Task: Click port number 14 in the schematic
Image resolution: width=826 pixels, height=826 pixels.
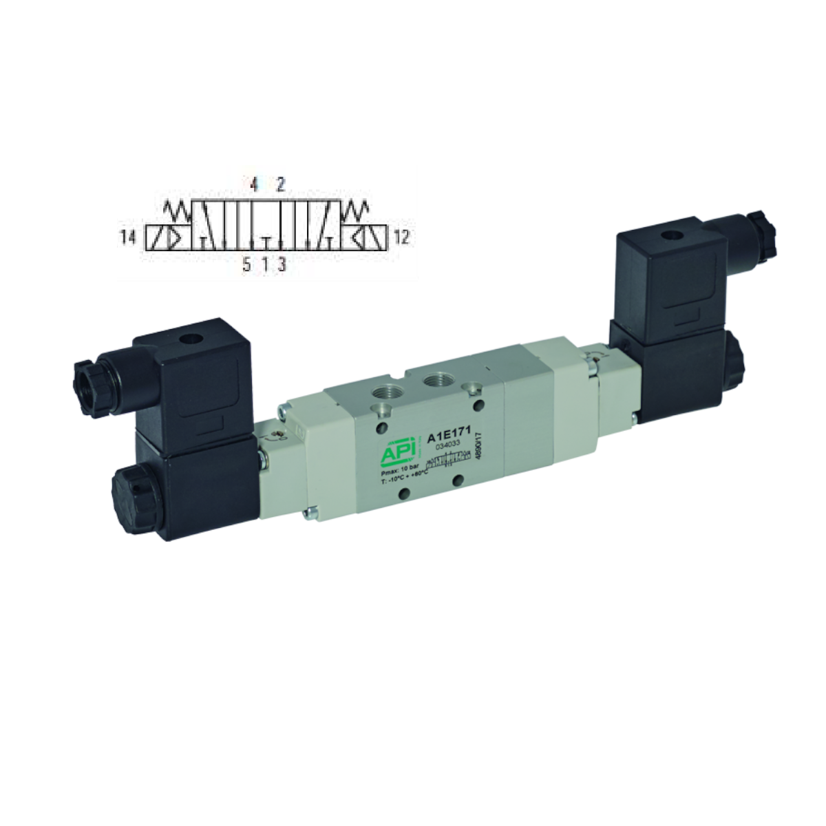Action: tap(127, 238)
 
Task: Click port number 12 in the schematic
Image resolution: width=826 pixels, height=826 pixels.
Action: tap(401, 238)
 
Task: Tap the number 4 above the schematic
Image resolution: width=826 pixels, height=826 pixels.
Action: tap(253, 184)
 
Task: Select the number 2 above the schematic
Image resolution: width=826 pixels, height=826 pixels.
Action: tap(281, 184)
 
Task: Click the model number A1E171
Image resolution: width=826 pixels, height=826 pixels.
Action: tap(447, 436)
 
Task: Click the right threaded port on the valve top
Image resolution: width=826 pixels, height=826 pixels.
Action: tap(435, 381)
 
